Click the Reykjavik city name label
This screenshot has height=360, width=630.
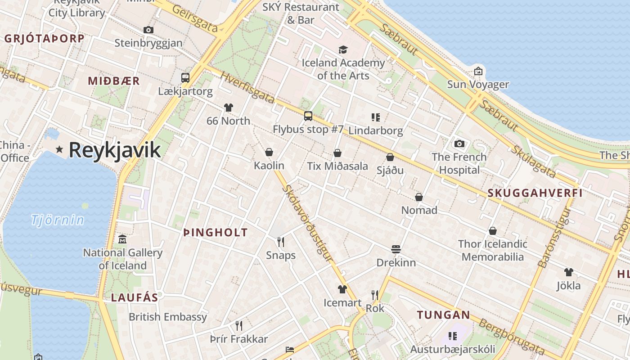[x=114, y=150]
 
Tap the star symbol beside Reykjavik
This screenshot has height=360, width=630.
[x=59, y=149]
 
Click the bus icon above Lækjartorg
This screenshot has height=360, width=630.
[x=185, y=77]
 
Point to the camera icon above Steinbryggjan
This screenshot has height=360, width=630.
[x=148, y=30]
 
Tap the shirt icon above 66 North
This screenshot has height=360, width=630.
[x=229, y=108]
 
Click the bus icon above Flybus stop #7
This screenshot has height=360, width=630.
[x=308, y=116]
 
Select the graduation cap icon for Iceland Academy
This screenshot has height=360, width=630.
[x=343, y=49]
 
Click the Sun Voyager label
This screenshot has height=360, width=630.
[x=478, y=85]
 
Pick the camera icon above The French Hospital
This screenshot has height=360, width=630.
[x=459, y=144]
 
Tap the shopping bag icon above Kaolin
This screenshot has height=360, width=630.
[x=269, y=152]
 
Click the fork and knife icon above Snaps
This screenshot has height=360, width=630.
[x=281, y=242]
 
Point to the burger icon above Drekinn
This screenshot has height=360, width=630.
[x=396, y=249]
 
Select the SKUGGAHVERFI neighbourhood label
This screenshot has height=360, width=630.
[x=535, y=193]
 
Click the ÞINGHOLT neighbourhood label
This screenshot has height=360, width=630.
[x=216, y=233]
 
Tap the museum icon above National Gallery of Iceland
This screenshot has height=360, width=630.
[x=122, y=239]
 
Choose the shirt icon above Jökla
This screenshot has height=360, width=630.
[x=569, y=272]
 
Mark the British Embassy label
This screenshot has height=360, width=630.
[x=168, y=317]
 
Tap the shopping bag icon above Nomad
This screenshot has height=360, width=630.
[x=419, y=197]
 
